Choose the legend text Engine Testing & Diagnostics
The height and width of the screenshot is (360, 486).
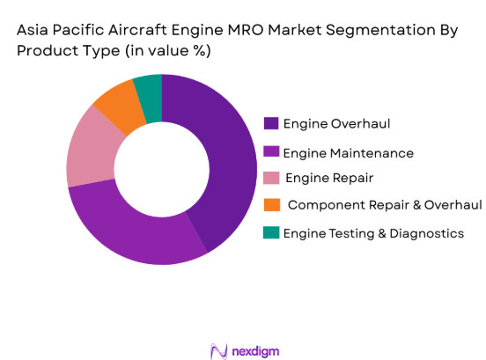tap(373, 233)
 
